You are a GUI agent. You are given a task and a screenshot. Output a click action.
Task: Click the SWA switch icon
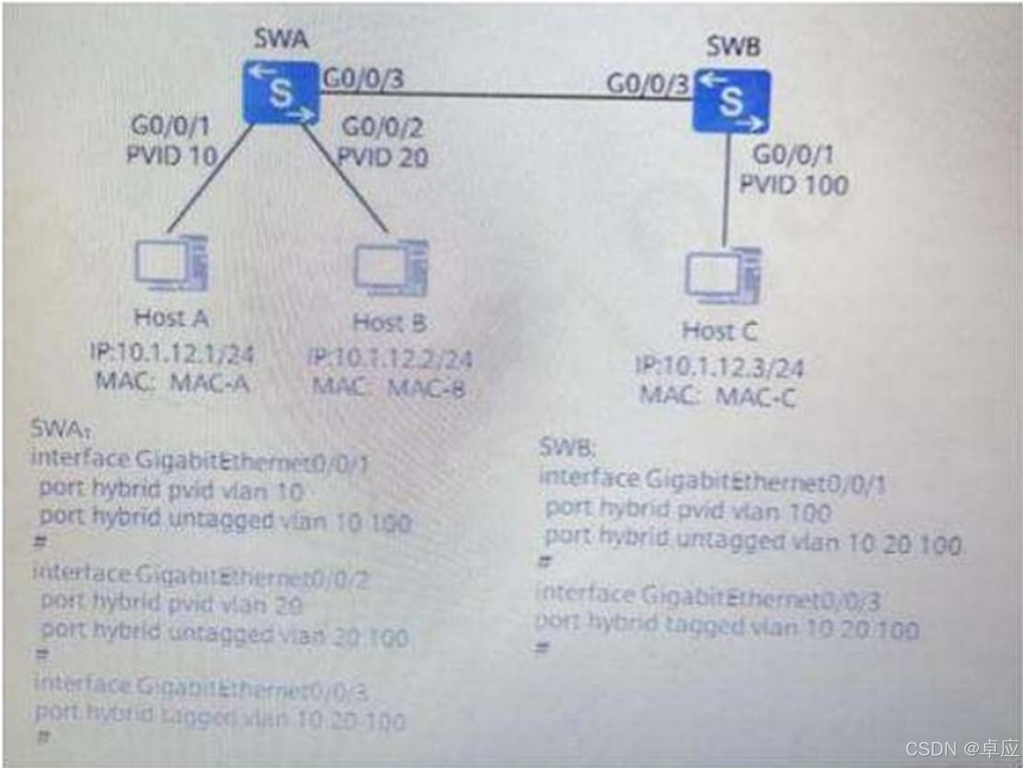point(281,93)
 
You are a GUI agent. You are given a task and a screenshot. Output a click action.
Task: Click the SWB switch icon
point(732,101)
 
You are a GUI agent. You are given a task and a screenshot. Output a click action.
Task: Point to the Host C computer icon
point(722,276)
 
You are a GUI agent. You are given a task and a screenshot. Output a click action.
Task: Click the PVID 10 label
point(171,155)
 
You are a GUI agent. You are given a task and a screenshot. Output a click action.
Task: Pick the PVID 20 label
point(383,157)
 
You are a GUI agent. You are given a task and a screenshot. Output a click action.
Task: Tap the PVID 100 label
point(794,184)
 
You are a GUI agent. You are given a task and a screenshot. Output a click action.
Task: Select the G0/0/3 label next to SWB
point(647,84)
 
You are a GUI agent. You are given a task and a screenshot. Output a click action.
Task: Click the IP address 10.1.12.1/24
point(172,354)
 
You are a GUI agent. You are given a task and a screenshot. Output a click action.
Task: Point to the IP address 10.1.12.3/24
point(720,367)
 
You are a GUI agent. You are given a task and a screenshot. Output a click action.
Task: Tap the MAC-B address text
point(426,388)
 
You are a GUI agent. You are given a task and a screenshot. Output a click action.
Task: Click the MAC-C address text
point(756,396)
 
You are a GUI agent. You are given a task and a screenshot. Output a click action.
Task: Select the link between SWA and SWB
point(504,95)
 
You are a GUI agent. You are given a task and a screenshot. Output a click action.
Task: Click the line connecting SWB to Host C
point(726,189)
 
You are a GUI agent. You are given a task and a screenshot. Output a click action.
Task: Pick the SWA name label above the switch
point(281,39)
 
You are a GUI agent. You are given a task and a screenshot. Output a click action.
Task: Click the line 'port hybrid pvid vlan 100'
point(688,511)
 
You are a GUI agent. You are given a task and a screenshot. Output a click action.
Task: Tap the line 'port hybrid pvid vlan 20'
point(171,603)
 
